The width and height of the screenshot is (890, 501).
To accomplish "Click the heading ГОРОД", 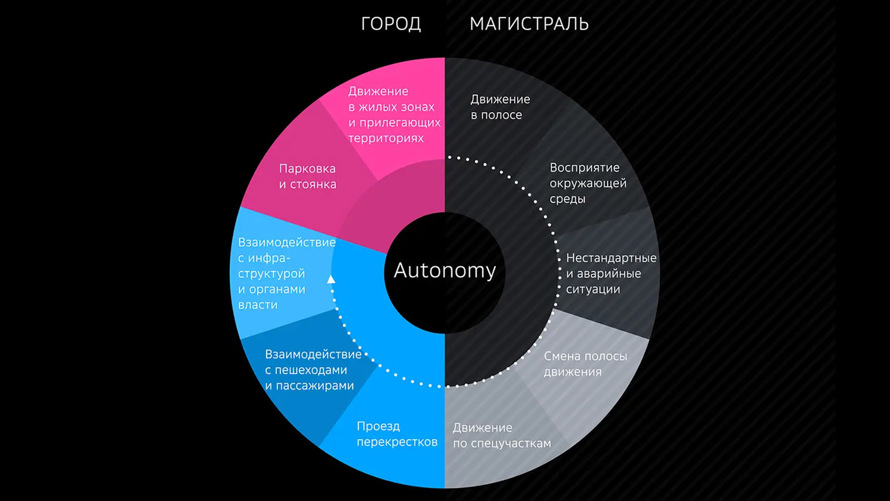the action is tap(391, 24).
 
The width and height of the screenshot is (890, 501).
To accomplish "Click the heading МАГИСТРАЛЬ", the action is tap(529, 24).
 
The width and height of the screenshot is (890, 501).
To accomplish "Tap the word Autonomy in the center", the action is tap(445, 270).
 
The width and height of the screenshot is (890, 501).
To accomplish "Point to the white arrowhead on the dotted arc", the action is tap(331, 279).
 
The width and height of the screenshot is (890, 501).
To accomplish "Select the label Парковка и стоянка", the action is tap(307, 176).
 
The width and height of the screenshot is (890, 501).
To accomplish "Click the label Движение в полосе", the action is tap(500, 107).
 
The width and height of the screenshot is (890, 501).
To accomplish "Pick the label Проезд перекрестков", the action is tap(397, 434).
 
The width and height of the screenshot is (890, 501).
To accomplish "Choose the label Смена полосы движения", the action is tap(585, 364).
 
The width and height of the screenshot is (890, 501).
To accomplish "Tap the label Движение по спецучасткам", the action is tap(502, 435).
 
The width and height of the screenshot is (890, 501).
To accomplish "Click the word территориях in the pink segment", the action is tap(386, 138).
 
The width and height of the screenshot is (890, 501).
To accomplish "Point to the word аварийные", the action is tap(609, 274).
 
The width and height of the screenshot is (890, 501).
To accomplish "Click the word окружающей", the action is tap(588, 183).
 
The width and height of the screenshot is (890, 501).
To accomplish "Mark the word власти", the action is tap(258, 305).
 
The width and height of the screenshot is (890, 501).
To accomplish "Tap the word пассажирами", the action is tap(315, 386).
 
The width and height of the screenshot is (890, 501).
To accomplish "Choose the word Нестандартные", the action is tap(611, 258).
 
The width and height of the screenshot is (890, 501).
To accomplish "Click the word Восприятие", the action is tap(585, 167).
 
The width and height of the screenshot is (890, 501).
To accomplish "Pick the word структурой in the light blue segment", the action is tap(271, 274).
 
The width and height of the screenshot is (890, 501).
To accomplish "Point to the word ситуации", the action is tap(593, 289).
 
